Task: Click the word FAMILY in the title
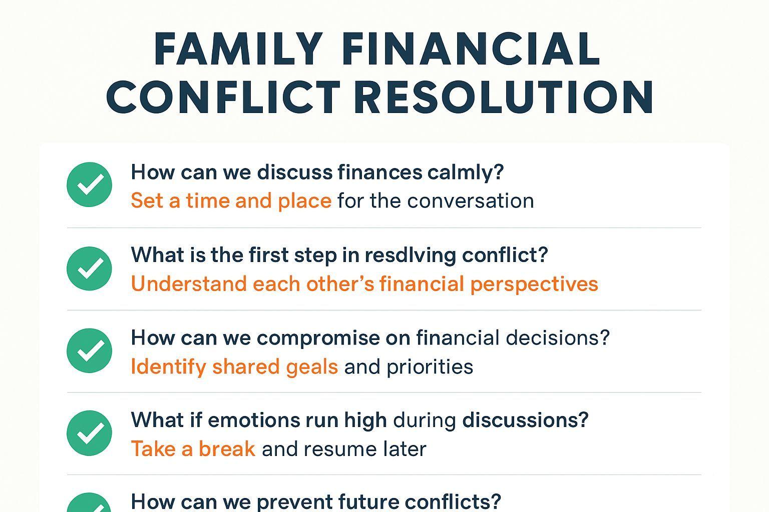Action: pyautogui.click(x=238, y=48)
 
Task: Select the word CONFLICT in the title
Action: pyautogui.click(x=223, y=96)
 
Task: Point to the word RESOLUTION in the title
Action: pyautogui.click(x=503, y=96)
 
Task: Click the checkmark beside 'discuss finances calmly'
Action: pyautogui.click(x=89, y=184)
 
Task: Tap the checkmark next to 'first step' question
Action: pyautogui.click(x=89, y=268)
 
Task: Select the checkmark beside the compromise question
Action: pyautogui.click(x=89, y=350)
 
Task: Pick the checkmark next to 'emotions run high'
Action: pyautogui.click(x=89, y=433)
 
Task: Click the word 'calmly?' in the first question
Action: pyautogui.click(x=466, y=172)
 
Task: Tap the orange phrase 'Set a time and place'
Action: pyautogui.click(x=231, y=200)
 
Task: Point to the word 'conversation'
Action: pyautogui.click(x=471, y=201)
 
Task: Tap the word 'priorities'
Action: pyautogui.click(x=430, y=367)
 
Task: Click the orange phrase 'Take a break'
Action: pyautogui.click(x=193, y=449)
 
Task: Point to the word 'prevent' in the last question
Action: pyautogui.click(x=295, y=502)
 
